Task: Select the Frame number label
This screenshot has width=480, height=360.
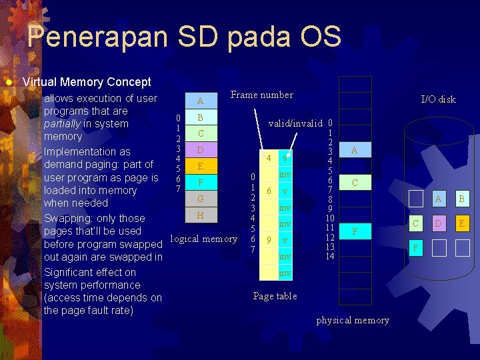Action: click(x=261, y=95)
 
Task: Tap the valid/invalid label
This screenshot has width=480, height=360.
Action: click(x=295, y=123)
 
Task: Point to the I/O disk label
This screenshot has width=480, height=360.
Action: click(x=438, y=99)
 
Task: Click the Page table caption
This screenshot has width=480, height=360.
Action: click(x=275, y=296)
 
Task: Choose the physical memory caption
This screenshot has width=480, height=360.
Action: click(x=353, y=320)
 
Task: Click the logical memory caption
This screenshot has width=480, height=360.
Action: click(x=203, y=239)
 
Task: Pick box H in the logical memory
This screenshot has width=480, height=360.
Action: click(x=200, y=215)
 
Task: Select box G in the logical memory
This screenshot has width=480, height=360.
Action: click(x=200, y=199)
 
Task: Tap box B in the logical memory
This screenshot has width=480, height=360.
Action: click(x=200, y=117)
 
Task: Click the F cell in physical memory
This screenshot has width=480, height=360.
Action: click(x=355, y=231)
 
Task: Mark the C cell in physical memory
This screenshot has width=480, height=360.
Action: click(x=355, y=183)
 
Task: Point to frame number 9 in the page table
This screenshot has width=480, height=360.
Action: click(x=268, y=240)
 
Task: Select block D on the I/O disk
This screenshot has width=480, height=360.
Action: click(x=438, y=223)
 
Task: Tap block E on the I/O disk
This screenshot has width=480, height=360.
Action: click(x=461, y=223)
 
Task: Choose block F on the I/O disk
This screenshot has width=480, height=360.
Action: click(x=415, y=248)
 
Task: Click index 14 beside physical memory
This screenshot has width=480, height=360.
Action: click(x=329, y=257)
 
